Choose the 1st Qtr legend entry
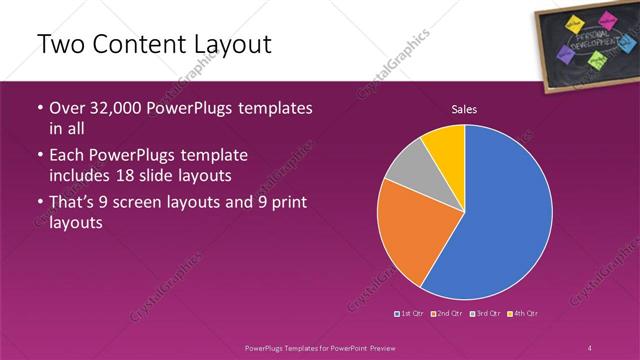coord(411,314)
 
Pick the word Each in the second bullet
coord(68,155)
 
